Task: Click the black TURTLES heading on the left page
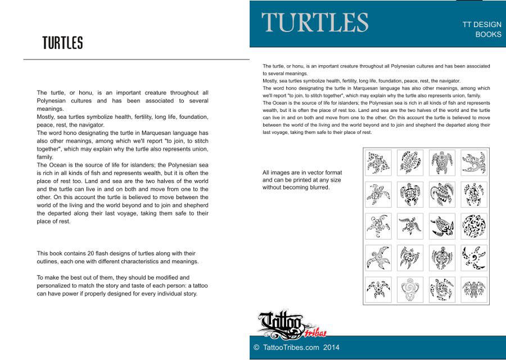pyautogui.click(x=62, y=43)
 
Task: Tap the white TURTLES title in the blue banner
pyautogui.click(x=315, y=22)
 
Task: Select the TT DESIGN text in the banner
pyautogui.click(x=481, y=25)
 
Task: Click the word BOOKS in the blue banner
pyautogui.click(x=488, y=34)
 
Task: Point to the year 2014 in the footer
pyautogui.click(x=331, y=348)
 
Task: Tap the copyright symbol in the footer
pyautogui.click(x=256, y=348)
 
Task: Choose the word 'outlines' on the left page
pyautogui.click(x=48, y=262)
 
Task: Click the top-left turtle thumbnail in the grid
pyautogui.click(x=379, y=163)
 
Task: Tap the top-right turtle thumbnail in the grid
pyautogui.click(x=473, y=163)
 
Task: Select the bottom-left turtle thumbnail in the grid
pyautogui.click(x=379, y=290)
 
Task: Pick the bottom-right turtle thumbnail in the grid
pyautogui.click(x=473, y=290)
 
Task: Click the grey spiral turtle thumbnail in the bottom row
pyautogui.click(x=410, y=290)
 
